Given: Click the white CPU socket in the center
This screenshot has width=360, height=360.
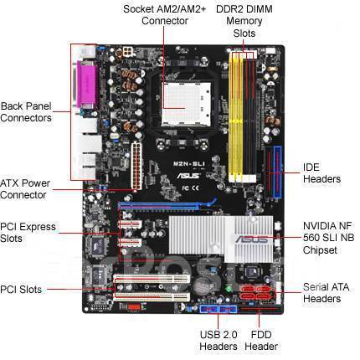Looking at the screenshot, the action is pyautogui.click(x=186, y=104).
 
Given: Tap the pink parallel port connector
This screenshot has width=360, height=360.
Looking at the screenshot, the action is pyautogui.click(x=87, y=85).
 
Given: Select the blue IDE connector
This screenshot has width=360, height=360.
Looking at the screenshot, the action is pyautogui.click(x=277, y=172).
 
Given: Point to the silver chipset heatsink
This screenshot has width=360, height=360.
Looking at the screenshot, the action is pyautogui.click(x=221, y=239).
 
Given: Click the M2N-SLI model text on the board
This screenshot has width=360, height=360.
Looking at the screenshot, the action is pyautogui.click(x=189, y=164).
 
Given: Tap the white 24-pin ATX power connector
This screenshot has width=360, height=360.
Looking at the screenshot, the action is pyautogui.click(x=136, y=166).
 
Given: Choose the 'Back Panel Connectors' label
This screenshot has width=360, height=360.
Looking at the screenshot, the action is pyautogui.click(x=26, y=112).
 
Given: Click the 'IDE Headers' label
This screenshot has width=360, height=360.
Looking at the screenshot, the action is pyautogui.click(x=321, y=173).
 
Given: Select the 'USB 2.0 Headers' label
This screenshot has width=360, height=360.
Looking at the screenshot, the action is pyautogui.click(x=219, y=341).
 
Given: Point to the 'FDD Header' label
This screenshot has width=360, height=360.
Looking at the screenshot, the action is pyautogui.click(x=261, y=341).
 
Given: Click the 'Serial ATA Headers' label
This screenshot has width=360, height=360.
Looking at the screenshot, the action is pyautogui.click(x=326, y=293).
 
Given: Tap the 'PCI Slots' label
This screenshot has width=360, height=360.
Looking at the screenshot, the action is pyautogui.click(x=21, y=290).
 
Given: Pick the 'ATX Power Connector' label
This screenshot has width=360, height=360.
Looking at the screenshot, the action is pyautogui.click(x=25, y=189).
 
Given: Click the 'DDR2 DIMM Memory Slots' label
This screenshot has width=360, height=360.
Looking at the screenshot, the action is pyautogui.click(x=244, y=21).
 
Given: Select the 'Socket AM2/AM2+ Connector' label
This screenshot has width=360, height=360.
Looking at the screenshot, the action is pyautogui.click(x=165, y=15).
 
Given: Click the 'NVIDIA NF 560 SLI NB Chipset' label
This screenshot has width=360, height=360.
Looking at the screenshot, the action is pyautogui.click(x=328, y=238).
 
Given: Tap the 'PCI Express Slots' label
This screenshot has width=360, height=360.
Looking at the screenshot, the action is pyautogui.click(x=28, y=233).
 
